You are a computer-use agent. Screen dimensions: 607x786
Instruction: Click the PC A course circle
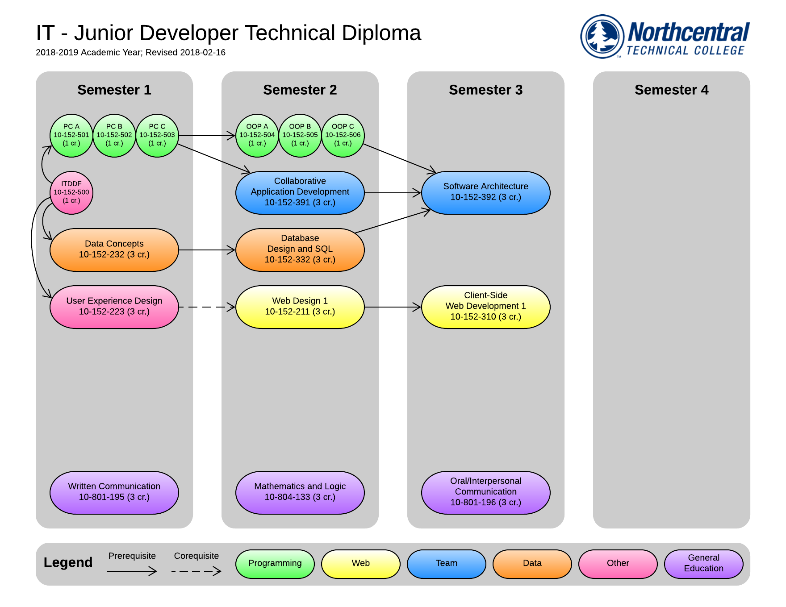point(71,135)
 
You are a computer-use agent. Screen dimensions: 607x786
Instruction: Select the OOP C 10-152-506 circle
point(343,135)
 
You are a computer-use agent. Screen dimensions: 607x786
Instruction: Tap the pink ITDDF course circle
point(71,192)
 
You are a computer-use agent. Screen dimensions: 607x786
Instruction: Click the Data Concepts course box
point(114,249)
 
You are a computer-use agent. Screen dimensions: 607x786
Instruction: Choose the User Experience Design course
point(114,307)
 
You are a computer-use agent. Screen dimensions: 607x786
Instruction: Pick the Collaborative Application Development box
point(300,192)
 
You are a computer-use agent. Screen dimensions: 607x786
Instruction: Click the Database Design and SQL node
point(300,249)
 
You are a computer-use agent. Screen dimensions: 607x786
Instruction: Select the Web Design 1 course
point(300,307)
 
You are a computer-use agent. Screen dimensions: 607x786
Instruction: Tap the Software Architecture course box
point(486,192)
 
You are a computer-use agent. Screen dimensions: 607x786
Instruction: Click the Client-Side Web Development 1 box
point(486,307)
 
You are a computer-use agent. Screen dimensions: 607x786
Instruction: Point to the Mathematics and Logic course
point(300,492)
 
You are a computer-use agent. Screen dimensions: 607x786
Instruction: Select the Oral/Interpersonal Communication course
point(486,492)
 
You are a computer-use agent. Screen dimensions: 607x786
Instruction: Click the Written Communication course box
point(114,492)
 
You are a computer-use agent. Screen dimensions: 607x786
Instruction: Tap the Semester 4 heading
point(671,90)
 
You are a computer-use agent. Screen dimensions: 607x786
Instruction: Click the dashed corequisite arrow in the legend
point(196,571)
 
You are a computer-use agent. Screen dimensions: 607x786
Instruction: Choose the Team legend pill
point(447,564)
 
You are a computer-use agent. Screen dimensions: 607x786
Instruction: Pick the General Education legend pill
point(704,564)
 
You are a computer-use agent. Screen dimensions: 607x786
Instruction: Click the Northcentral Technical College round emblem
point(602,36)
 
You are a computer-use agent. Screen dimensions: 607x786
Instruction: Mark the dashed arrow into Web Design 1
point(206,307)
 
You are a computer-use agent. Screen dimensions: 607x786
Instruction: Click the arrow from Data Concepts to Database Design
point(206,250)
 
